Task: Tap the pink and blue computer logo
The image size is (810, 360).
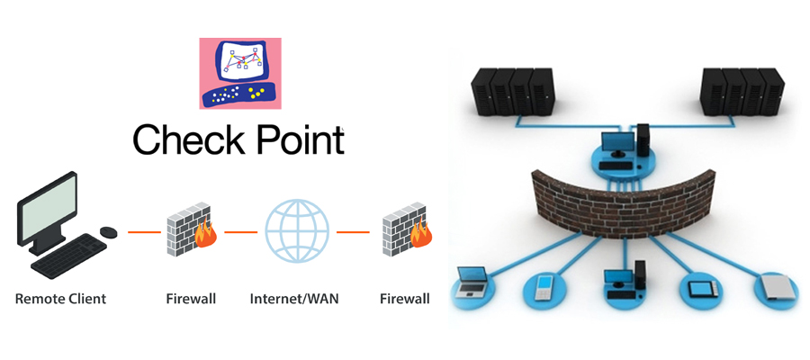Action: [239, 73]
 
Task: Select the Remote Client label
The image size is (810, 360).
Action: [60, 298]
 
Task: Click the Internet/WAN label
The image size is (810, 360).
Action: [294, 298]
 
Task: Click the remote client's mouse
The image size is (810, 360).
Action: [108, 233]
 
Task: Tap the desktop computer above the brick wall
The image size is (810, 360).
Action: [625, 144]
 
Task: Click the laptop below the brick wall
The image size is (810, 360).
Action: [473, 283]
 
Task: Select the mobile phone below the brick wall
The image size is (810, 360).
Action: [544, 286]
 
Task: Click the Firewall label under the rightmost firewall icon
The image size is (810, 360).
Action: [404, 298]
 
